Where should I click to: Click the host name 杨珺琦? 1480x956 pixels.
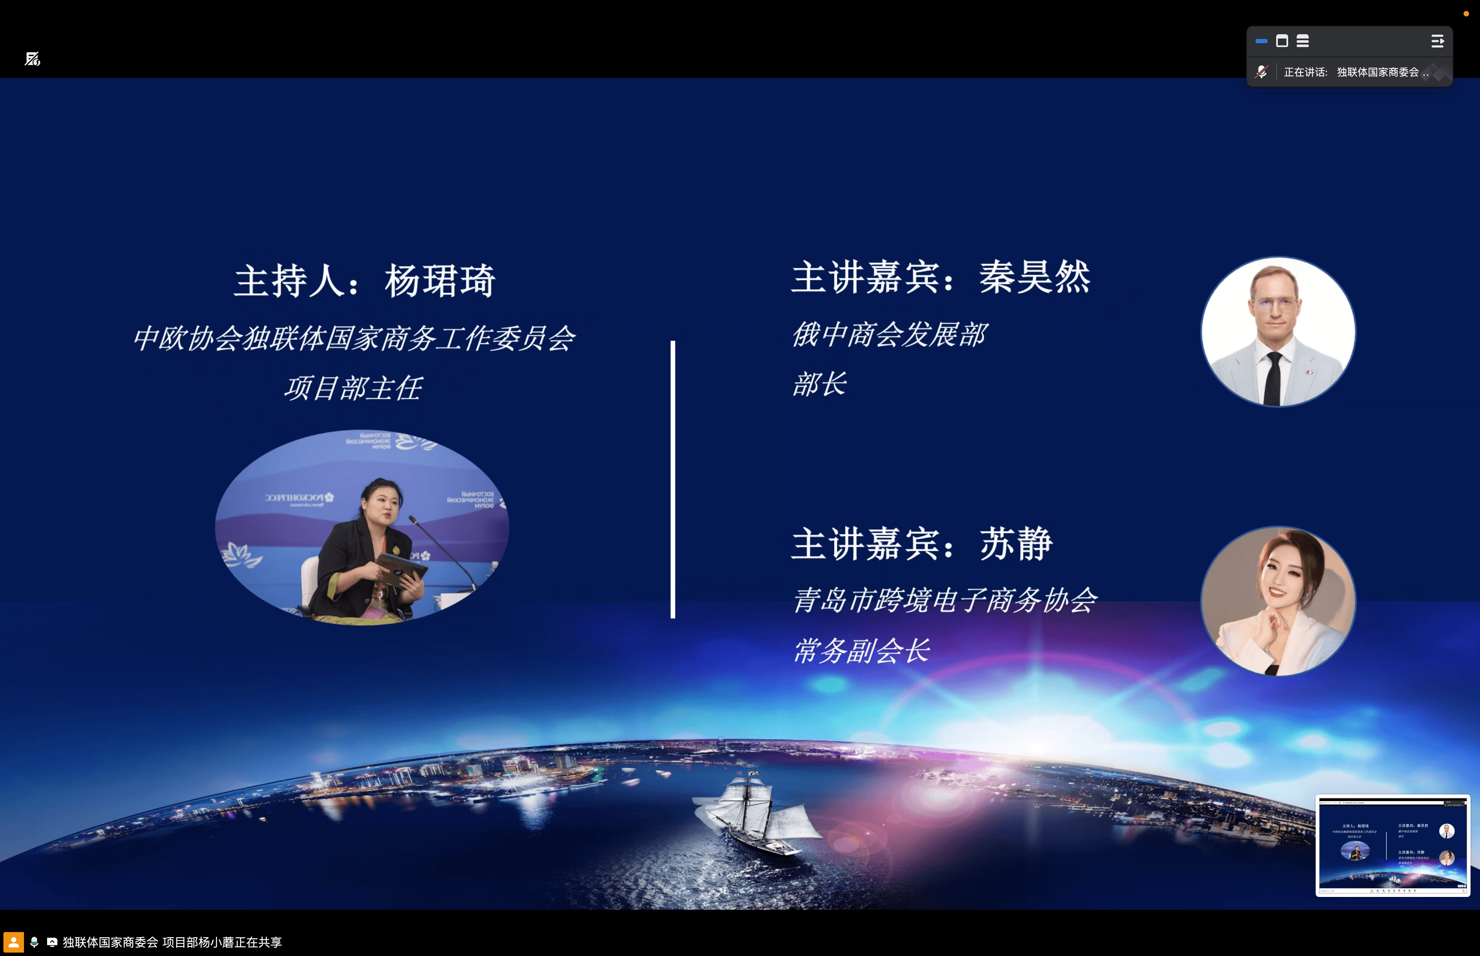[x=440, y=281]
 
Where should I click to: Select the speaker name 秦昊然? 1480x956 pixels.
[x=1034, y=277]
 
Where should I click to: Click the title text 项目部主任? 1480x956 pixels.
[x=353, y=389]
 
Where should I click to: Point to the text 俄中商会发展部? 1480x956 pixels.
[x=889, y=335]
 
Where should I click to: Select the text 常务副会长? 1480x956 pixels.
[x=861, y=650]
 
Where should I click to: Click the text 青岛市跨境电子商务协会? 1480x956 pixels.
[x=944, y=600]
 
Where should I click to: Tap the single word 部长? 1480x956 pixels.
[x=818, y=384]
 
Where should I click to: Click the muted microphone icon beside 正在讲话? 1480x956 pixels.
[x=1261, y=72]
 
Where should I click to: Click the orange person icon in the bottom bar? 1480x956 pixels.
[x=13, y=942]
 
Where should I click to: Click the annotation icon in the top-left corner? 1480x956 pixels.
[x=32, y=59]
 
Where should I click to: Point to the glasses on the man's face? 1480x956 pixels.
[x=1276, y=305]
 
